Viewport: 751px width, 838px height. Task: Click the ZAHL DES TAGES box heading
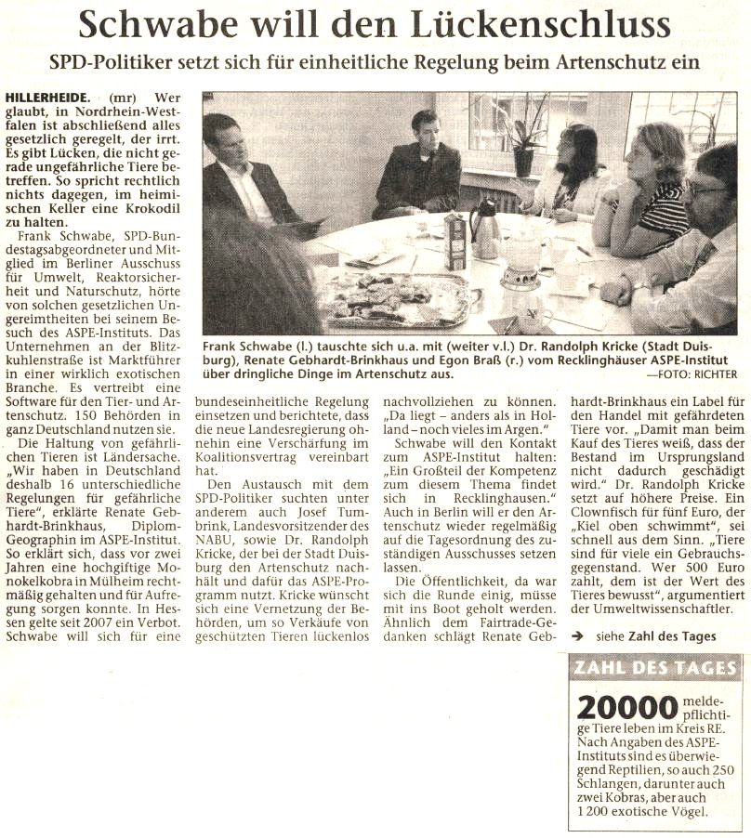(x=655, y=668)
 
